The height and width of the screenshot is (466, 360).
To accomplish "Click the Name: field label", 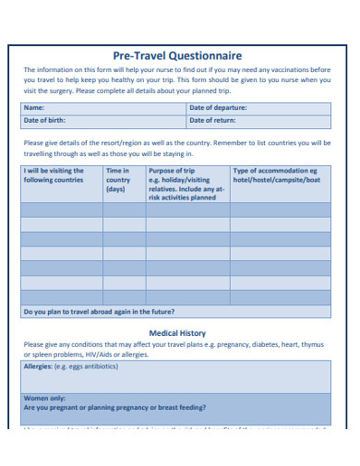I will click(34, 108).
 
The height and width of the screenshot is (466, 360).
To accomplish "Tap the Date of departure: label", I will click(217, 108).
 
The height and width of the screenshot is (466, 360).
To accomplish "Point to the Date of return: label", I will click(212, 120).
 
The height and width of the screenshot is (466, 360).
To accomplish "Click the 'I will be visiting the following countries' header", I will click(54, 175).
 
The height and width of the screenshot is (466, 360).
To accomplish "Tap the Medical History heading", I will click(177, 333).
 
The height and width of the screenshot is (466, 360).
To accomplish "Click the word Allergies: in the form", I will click(39, 366).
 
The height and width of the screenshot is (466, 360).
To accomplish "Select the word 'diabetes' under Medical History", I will click(267, 345).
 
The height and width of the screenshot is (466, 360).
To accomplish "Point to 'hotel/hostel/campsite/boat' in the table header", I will click(276, 180).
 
